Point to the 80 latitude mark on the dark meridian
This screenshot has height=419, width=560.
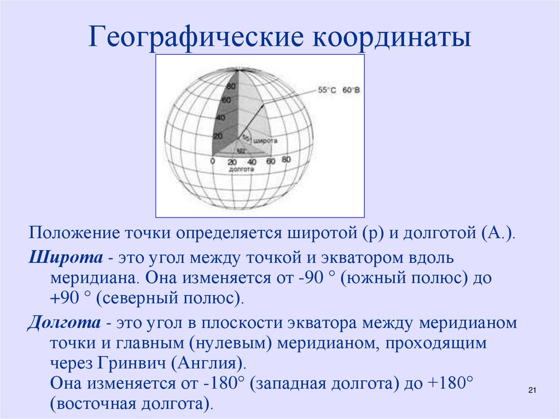point(231,87)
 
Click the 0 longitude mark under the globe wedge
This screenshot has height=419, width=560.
point(212,161)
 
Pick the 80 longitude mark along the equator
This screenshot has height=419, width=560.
point(285,160)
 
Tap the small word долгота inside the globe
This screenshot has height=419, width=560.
point(242,169)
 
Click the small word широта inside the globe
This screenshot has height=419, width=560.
point(266,141)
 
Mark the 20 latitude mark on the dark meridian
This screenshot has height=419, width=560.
point(218,136)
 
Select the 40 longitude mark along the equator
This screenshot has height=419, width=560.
point(251,162)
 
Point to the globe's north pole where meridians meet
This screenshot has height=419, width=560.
point(238,69)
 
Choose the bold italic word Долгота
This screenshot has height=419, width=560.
point(64,322)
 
